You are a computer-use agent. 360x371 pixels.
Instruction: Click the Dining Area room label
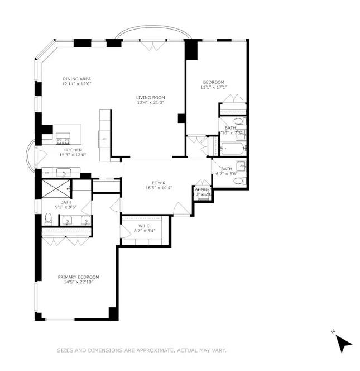tap(76, 79)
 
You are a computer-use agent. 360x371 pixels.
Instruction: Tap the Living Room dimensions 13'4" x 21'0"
tap(151, 103)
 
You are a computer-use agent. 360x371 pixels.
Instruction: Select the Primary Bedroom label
tap(79, 277)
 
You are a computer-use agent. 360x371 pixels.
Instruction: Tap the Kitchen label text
tap(73, 150)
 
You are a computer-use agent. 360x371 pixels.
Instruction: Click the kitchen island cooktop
tap(63, 141)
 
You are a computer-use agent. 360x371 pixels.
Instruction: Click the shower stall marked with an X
tap(55, 188)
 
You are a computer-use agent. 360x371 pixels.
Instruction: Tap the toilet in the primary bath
tap(49, 218)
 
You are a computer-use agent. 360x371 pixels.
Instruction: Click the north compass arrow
tap(344, 343)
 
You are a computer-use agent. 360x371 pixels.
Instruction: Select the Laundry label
tap(201, 189)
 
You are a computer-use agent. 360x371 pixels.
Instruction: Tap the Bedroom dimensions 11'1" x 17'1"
tap(214, 87)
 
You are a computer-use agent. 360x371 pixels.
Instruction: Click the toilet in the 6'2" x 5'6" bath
tap(240, 165)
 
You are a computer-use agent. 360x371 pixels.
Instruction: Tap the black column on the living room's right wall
tap(181, 118)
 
